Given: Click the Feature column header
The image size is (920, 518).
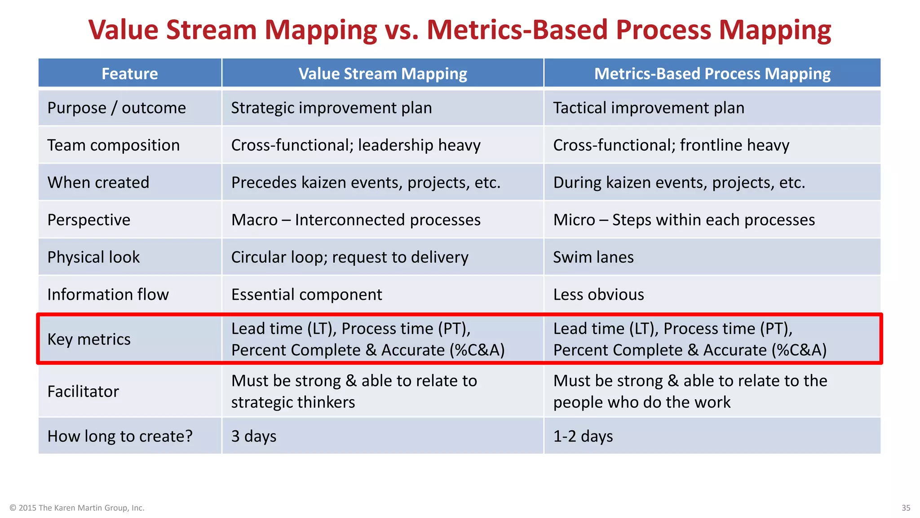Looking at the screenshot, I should pos(129,73).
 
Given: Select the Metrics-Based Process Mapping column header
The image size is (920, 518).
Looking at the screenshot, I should pos(712,73).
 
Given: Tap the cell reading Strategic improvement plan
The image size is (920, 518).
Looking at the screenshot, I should pos(331,108).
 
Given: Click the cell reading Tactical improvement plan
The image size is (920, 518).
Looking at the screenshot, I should pos(648,108).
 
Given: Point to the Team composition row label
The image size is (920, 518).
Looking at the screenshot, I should pos(113,145).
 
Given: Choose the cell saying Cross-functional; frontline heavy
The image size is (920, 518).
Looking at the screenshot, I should pos(671,145).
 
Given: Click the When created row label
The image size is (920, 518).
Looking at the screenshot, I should pos(98,183).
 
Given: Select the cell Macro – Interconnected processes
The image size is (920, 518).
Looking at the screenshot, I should pos(355,220).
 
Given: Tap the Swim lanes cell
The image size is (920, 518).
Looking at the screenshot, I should pos(593,257).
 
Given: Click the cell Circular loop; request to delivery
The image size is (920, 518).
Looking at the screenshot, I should pos(349,257).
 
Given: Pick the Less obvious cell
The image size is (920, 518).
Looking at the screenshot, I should pos(598,295).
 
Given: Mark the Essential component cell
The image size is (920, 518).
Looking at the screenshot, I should pos(306,295).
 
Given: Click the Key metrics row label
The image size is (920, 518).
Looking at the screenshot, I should pos(89,339).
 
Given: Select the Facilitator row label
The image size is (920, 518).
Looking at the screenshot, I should pos(83,391).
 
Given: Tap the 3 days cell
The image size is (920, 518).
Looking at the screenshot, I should pos(254,436).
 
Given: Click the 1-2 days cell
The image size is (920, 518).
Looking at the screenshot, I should pos(583,436).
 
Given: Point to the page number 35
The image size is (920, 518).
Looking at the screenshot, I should pos(906,508).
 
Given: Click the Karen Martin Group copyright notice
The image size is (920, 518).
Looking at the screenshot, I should pos(77,508).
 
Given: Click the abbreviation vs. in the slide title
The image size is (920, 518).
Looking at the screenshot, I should pos(401,30).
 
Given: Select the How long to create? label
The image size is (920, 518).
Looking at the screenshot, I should pos(120,436).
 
